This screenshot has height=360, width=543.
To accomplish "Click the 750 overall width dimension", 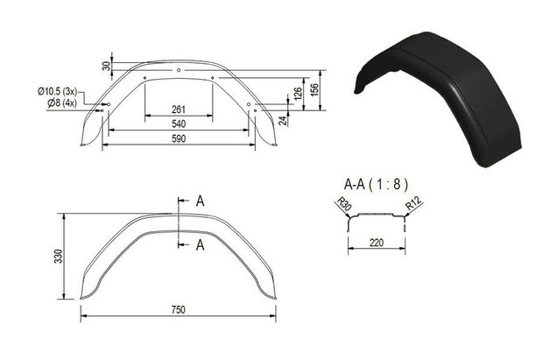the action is [x=179, y=310].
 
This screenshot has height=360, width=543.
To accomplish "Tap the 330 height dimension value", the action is [x=59, y=256].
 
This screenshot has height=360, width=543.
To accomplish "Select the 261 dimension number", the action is [x=179, y=109].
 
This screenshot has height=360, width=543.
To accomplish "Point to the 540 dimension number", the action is [x=179, y=124].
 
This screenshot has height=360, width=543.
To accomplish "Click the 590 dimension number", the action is [x=179, y=138].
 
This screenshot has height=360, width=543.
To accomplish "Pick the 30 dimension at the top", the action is [x=107, y=66].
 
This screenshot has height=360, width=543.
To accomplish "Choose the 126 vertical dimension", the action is [x=298, y=94].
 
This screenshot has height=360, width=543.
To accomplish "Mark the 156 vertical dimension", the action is [x=314, y=91].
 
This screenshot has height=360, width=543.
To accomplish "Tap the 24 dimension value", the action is [x=283, y=121].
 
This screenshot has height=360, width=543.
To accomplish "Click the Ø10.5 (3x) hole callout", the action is [x=57, y=91].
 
